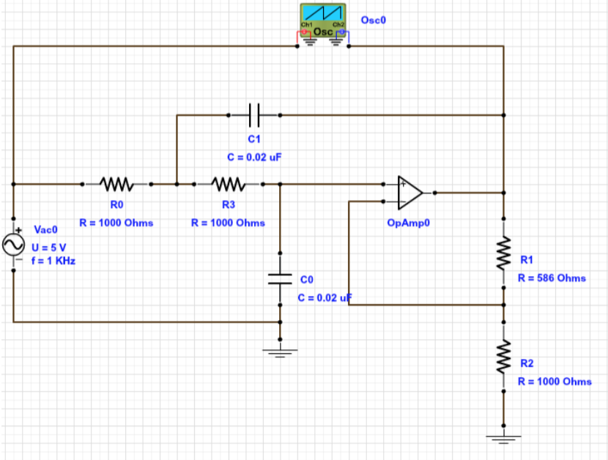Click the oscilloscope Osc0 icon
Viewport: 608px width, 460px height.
coord(323,19)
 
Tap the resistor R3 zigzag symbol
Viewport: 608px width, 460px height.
coord(228,184)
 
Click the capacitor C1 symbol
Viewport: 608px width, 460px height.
coord(253,115)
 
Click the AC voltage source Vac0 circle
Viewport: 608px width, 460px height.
coord(14,245)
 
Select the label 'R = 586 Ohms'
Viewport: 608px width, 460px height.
coord(552,278)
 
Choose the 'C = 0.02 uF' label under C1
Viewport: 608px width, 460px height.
coord(253,157)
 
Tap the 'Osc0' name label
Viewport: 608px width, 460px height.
coord(373,21)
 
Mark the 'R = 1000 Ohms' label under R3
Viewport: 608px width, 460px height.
coord(228,223)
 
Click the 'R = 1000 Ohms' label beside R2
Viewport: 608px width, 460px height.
coord(555,382)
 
